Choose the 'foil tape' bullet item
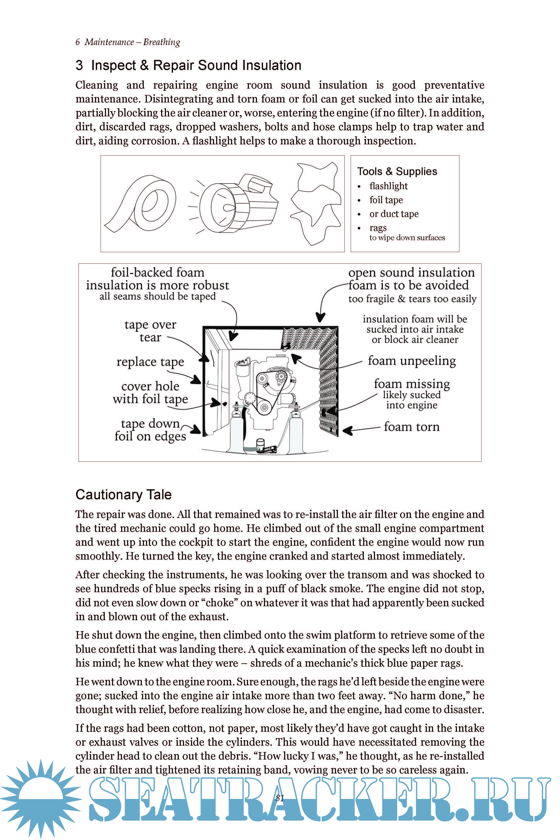[x=386, y=200]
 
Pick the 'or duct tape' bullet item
[x=394, y=214]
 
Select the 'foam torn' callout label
[x=411, y=427]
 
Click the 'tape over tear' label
[x=150, y=331]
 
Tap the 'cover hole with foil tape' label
[x=150, y=392]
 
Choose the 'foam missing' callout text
[x=411, y=384]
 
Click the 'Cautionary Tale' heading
[x=124, y=495]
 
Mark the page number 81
[x=280, y=798]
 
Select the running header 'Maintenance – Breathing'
[x=132, y=42]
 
